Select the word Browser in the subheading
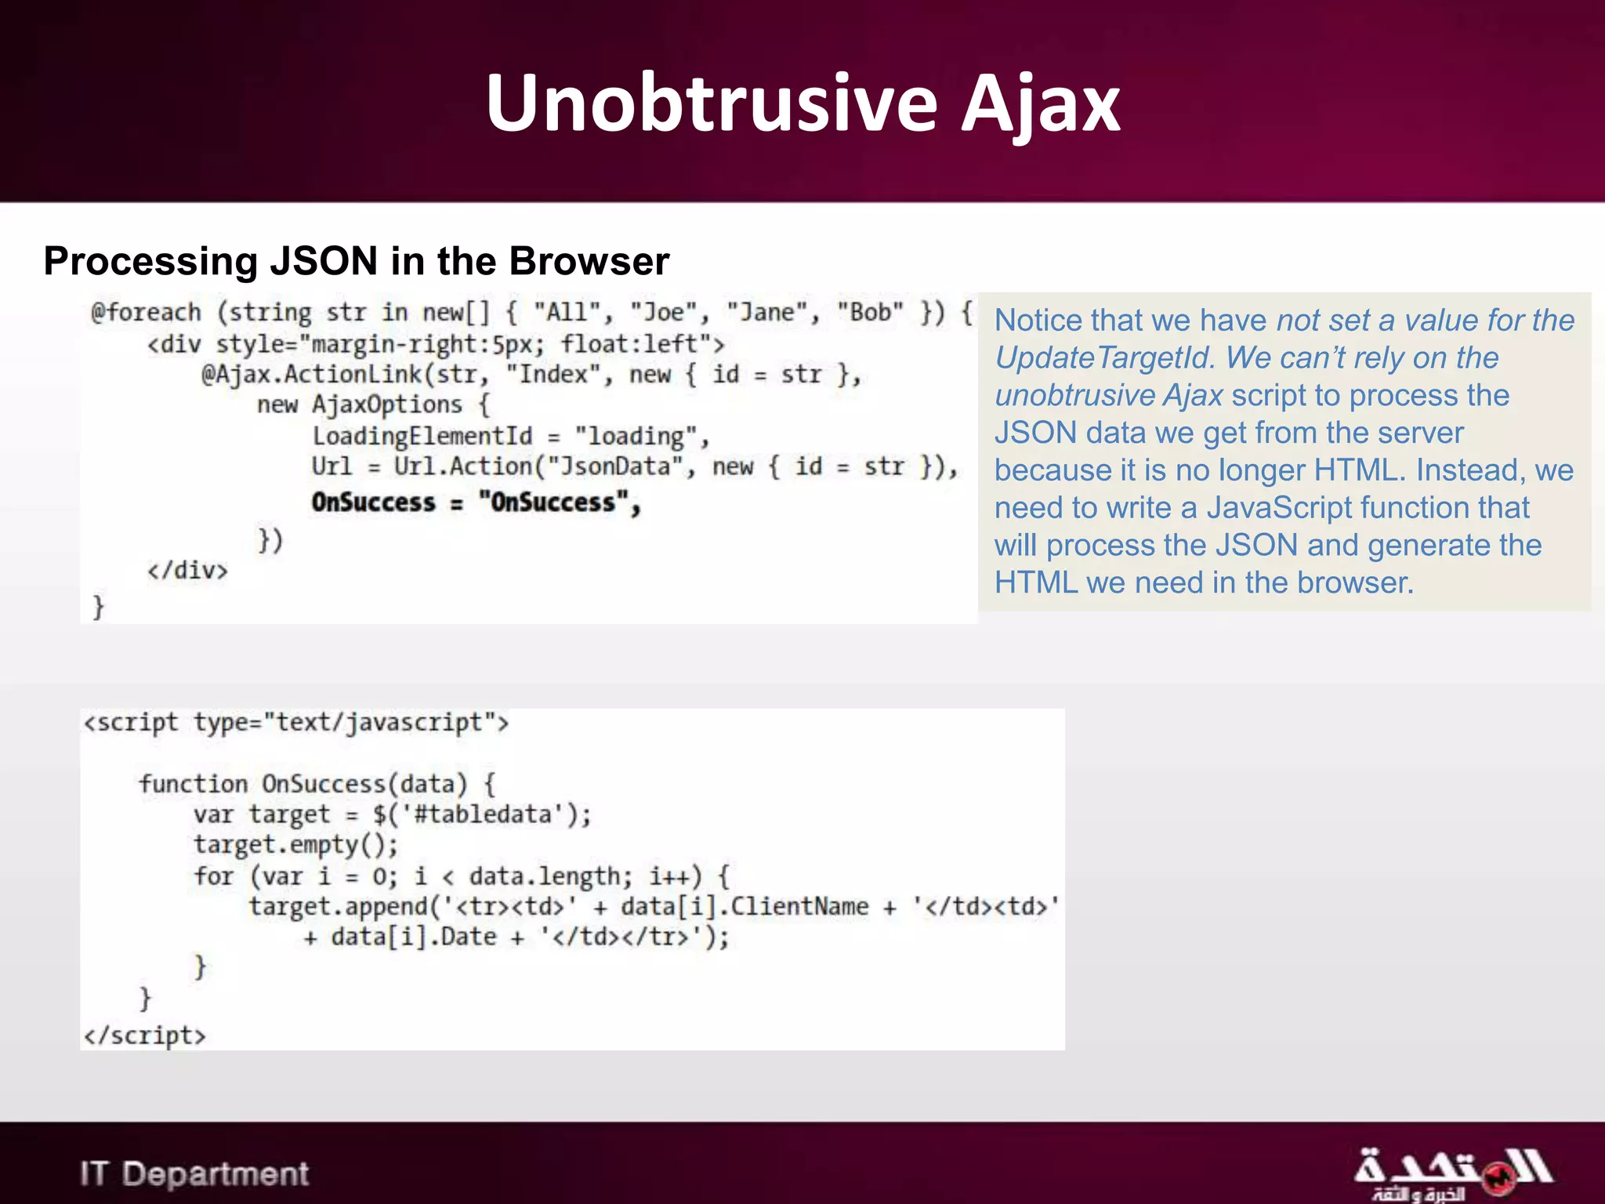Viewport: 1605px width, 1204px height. pyautogui.click(x=589, y=261)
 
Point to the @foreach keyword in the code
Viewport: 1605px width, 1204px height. pyautogui.click(x=146, y=312)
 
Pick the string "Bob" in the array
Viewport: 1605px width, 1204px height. pyautogui.click(x=870, y=312)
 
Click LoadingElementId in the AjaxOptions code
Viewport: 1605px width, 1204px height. pyautogui.click(x=422, y=436)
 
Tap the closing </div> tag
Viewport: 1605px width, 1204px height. pyautogui.click(x=187, y=570)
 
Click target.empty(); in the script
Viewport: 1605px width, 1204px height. pyautogui.click(x=295, y=845)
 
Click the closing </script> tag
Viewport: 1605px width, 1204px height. pyautogui.click(x=145, y=1035)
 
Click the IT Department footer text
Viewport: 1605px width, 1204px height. pyautogui.click(x=194, y=1173)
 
